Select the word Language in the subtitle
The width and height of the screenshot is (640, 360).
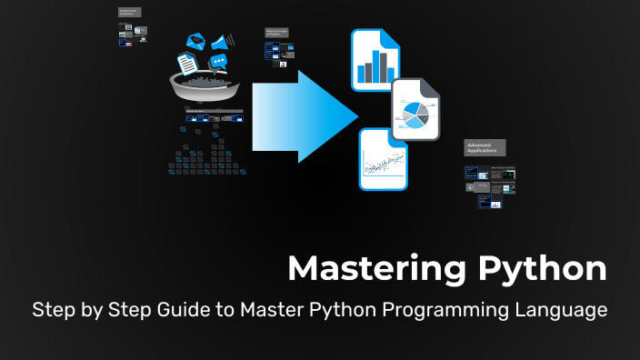tap(559, 311)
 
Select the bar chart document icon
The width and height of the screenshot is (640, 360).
tap(376, 61)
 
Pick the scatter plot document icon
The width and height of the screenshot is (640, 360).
tap(383, 159)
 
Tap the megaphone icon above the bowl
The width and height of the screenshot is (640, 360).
tap(221, 41)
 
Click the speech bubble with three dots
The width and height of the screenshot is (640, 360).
tap(217, 62)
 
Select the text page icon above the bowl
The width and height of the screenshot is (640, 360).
tap(187, 64)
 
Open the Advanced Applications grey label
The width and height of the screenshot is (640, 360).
tap(484, 147)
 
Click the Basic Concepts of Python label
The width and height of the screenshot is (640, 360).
tap(277, 33)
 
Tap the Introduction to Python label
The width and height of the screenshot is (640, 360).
tap(130, 13)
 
